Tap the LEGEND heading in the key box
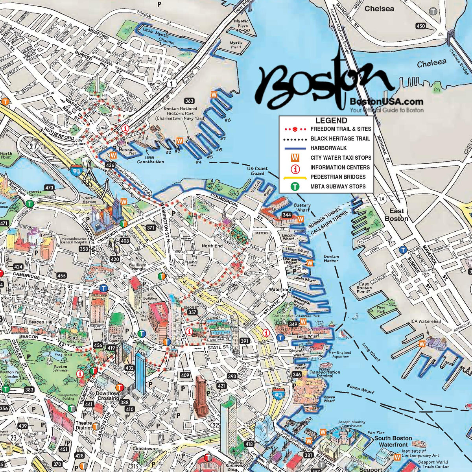coord(331,121)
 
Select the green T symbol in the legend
coord(295,186)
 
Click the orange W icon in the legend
coord(295,158)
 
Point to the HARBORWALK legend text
coord(328,148)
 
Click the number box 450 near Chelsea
coord(420,26)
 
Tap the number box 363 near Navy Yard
coord(189,101)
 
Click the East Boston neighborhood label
coord(396,215)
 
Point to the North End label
coord(212,246)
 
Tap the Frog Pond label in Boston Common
coord(63,355)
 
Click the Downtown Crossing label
coord(108,396)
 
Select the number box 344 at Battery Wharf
coord(287,215)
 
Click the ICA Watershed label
coord(426,321)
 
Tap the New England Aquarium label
coord(340,354)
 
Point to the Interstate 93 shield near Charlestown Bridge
coord(76,170)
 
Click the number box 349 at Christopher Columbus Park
coord(293,324)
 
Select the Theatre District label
coord(84,426)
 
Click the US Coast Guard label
coord(257,171)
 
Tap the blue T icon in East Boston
coord(402,250)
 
